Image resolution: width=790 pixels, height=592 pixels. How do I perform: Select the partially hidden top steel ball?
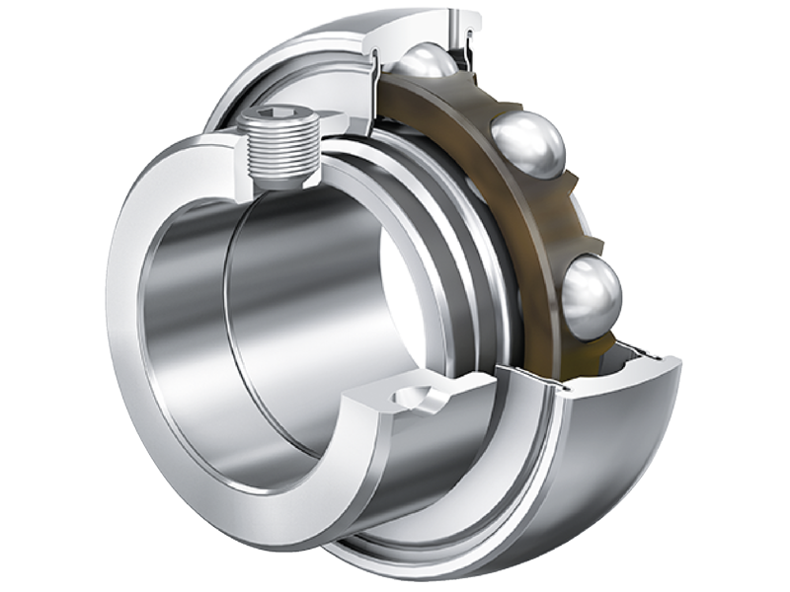pyautogui.click(x=427, y=62)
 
